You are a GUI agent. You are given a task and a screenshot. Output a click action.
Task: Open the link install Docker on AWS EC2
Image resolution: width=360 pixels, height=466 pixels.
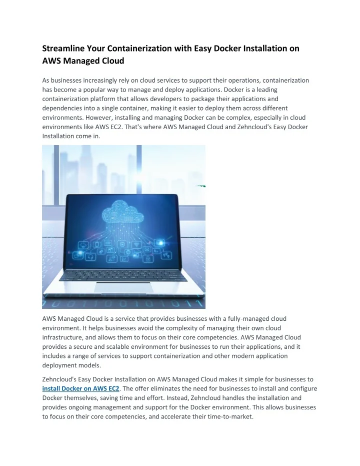[x=81, y=388]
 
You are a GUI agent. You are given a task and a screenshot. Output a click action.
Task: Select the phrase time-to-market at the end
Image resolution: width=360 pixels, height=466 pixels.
[x=229, y=416]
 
